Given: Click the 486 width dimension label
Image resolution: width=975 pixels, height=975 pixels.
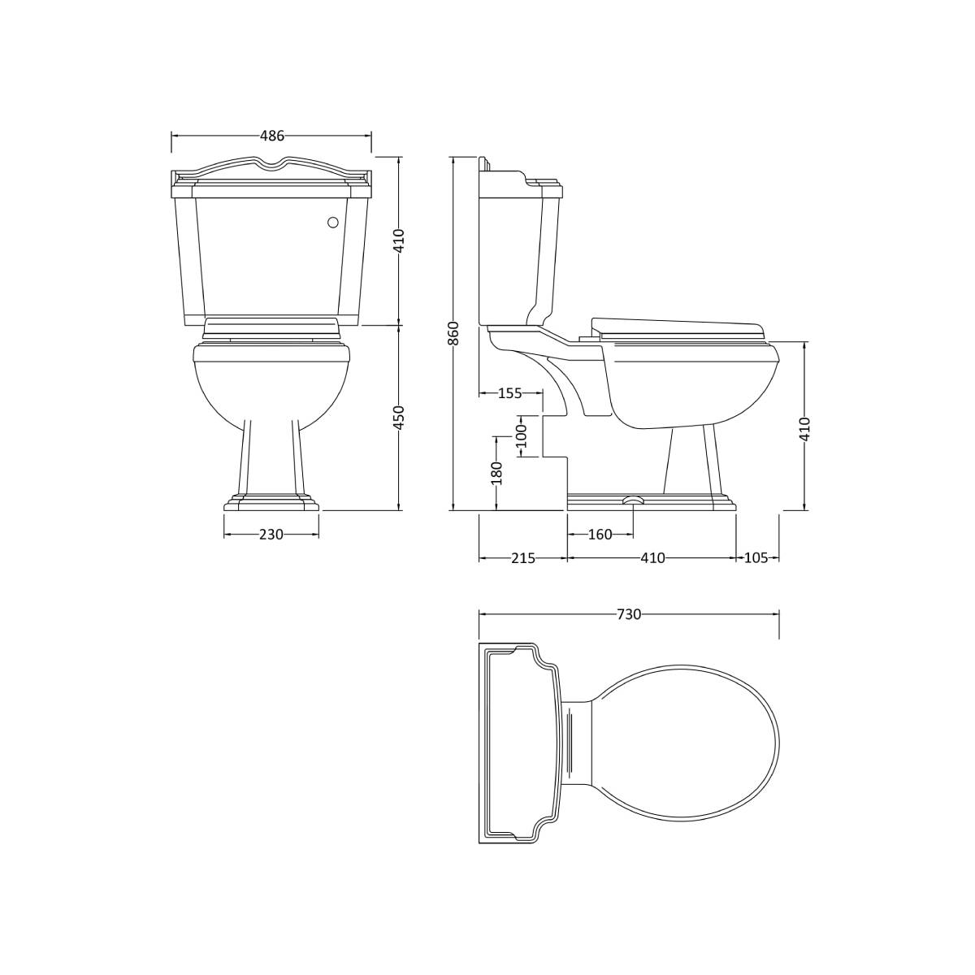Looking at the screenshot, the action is [271, 136].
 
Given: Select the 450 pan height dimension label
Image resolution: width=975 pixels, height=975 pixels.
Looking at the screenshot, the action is [399, 418].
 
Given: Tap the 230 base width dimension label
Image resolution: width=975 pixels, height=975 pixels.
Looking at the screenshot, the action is [271, 535].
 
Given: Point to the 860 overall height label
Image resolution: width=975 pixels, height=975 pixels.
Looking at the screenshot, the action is [454, 333].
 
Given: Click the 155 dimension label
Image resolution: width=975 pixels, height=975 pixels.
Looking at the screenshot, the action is [509, 393].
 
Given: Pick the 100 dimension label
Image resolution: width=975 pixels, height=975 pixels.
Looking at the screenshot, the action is [521, 435].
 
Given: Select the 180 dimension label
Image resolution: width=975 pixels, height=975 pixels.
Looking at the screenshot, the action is [497, 473].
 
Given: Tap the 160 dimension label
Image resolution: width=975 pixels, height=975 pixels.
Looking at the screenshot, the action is [600, 535].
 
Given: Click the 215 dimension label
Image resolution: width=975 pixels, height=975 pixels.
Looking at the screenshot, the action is [523, 558].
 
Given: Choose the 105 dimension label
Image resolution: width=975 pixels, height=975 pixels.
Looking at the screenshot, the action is [756, 558].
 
